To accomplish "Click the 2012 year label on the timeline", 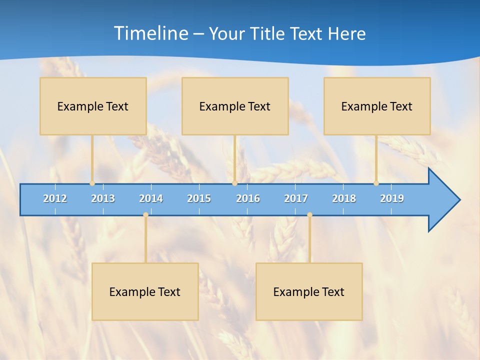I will click(55, 198).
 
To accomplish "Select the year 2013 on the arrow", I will click(103, 198).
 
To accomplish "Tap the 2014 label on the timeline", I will click(151, 198).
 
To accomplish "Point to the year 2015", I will click(199, 198).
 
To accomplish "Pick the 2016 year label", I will click(248, 198).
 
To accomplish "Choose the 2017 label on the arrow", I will click(296, 198).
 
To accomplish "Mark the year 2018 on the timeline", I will click(344, 198).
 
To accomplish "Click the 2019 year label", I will click(392, 198).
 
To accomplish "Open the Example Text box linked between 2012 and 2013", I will click(93, 106).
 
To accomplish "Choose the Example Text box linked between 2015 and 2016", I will click(235, 106).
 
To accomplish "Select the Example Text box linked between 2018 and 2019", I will click(377, 106).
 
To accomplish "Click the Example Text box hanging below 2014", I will click(145, 291).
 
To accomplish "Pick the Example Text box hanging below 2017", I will click(309, 291).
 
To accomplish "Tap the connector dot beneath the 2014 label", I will click(145, 214).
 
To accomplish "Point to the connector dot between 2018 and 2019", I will click(376, 183).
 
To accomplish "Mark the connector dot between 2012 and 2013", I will click(92, 183).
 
